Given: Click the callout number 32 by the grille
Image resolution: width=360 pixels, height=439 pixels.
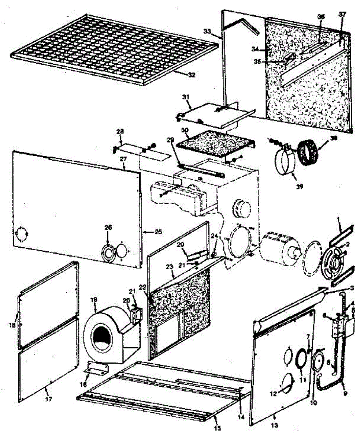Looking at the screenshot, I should click(192, 75).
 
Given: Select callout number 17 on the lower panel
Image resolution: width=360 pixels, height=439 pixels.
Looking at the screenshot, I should click(48, 399).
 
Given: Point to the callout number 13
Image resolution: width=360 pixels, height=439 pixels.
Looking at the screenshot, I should click(276, 425).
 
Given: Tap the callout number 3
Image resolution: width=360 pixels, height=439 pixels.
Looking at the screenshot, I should click(352, 288).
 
